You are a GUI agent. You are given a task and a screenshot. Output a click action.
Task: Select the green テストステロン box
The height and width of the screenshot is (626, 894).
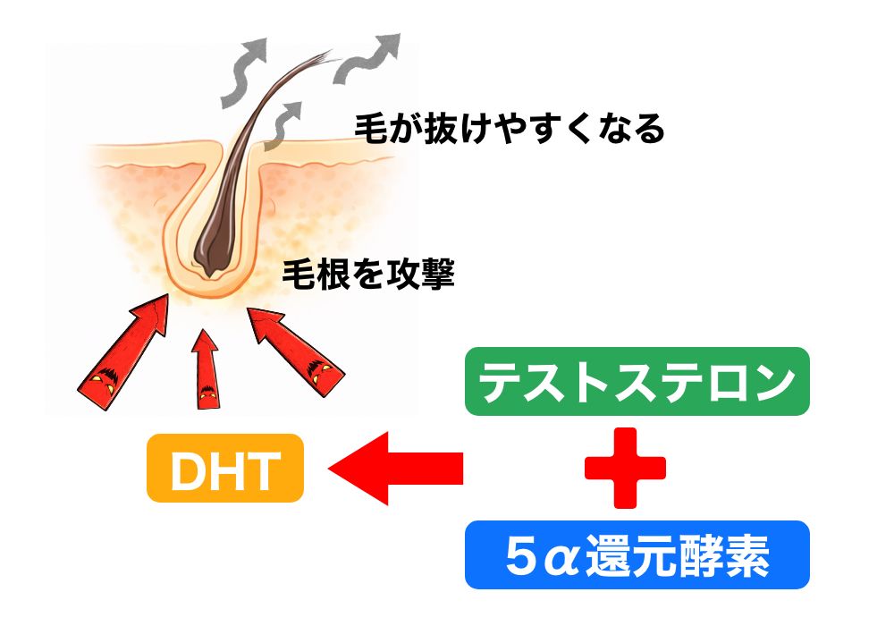(637, 382)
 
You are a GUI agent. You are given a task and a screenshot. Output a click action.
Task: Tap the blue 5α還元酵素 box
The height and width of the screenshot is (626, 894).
(637, 555)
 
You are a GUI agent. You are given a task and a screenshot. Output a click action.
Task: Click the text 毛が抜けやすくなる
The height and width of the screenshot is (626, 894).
(510, 130)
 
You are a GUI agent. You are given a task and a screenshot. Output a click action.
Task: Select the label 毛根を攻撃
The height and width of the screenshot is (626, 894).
(368, 274)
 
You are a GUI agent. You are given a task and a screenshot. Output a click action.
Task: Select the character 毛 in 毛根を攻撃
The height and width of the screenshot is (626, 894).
(296, 274)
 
